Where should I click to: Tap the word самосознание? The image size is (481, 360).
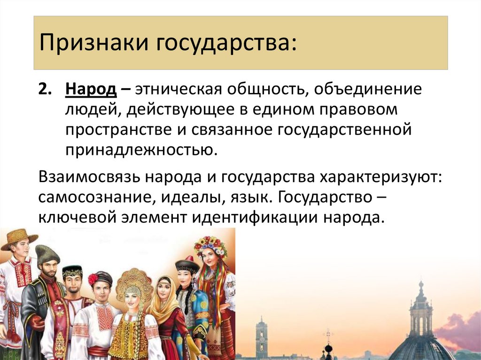click(x=94, y=198)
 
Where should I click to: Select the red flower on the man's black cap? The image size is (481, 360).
click(x=93, y=279)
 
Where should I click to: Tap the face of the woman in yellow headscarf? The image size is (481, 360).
click(x=163, y=290)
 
